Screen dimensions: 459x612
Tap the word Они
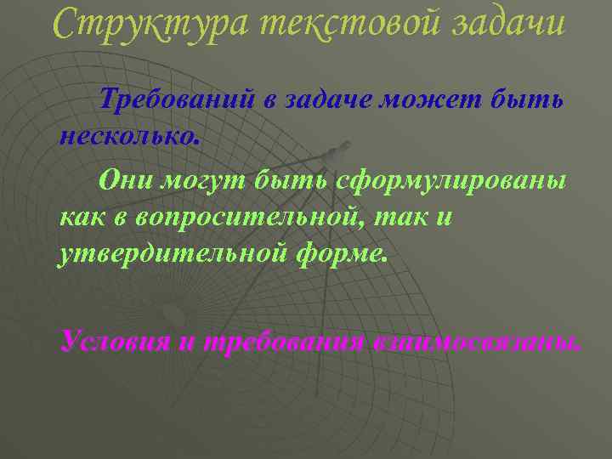point(122,181)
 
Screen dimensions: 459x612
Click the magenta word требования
point(284,342)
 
